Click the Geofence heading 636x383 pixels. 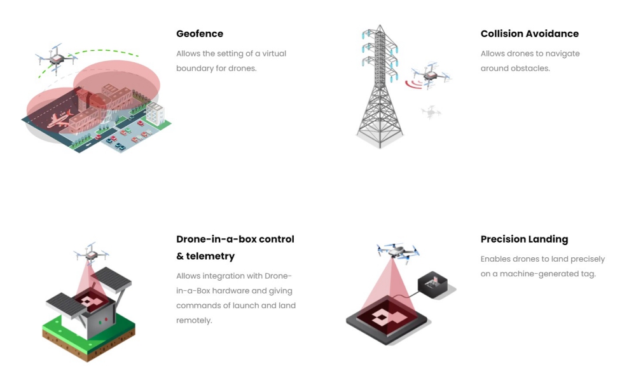tap(200, 34)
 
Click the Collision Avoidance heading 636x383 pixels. tap(529, 34)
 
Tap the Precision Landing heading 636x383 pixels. tap(524, 239)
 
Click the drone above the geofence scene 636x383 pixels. tap(56, 58)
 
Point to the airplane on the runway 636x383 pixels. tap(59, 119)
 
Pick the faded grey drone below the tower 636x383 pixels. tap(431, 112)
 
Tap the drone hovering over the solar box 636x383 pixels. tap(89, 254)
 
